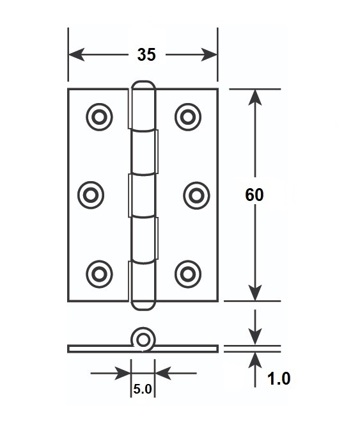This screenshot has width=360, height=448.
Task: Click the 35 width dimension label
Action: (x=146, y=54)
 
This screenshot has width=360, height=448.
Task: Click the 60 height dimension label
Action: (x=254, y=195)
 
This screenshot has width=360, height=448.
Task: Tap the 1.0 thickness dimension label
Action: (x=279, y=379)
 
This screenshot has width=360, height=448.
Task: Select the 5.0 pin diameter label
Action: (x=143, y=389)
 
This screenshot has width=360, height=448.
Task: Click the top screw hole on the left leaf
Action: (x=99, y=117)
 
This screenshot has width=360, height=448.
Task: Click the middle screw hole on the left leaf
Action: (x=91, y=195)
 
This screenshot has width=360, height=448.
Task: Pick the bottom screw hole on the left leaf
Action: (x=99, y=274)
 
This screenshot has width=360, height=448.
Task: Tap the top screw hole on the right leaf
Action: (x=188, y=117)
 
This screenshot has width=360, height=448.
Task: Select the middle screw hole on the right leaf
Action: (x=196, y=195)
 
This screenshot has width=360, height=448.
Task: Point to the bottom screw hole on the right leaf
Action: (x=188, y=274)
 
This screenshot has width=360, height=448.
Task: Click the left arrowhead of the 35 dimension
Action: (x=77, y=54)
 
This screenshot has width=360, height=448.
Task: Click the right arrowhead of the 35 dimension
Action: (x=209, y=54)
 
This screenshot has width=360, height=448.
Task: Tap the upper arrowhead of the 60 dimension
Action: (x=255, y=97)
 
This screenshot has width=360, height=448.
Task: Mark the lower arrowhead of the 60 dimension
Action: (x=255, y=293)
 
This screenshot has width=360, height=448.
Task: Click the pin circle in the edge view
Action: (x=143, y=340)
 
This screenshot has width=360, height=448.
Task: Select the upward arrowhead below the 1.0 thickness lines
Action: (x=255, y=360)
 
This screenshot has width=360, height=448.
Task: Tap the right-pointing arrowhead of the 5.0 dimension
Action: (x=123, y=373)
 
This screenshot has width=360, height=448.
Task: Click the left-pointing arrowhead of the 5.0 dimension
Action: (x=162, y=373)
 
